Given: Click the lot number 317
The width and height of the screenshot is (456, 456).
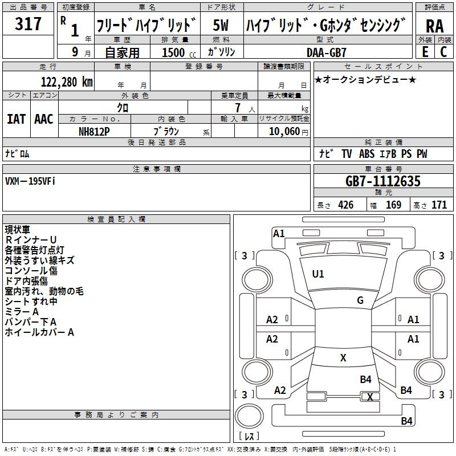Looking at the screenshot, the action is [28, 23].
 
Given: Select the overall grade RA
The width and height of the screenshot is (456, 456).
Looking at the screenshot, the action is [435, 26].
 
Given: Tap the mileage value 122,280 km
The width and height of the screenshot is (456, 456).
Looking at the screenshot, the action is [67, 82].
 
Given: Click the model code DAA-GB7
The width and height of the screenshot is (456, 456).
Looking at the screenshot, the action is [327, 52].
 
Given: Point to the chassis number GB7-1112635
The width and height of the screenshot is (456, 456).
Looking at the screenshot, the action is [383, 181].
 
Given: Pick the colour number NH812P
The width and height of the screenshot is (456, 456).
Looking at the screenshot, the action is [94, 132].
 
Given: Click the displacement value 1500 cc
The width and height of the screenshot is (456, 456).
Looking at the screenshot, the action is [179, 52].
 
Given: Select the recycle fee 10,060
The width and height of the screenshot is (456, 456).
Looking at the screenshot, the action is [284, 132].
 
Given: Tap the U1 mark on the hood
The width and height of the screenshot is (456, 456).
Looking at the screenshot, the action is [318, 274].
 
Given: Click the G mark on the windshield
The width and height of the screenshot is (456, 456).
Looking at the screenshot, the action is [360, 300].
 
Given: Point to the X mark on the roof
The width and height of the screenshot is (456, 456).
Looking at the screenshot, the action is [343, 358].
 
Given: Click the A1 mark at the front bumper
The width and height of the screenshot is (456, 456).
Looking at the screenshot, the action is [279, 234].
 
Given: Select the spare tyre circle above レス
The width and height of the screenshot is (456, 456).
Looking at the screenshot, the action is [249, 416].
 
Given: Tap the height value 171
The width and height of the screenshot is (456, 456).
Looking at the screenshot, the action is [439, 205].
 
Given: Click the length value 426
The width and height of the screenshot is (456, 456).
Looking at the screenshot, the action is [346, 205].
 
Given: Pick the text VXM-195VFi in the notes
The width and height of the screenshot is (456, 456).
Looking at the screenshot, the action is [30, 181].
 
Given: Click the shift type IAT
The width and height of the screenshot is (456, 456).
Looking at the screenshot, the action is [17, 119].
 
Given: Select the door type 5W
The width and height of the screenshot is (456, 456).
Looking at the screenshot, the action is [221, 25].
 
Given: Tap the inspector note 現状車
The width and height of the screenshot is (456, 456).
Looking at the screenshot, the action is [18, 230].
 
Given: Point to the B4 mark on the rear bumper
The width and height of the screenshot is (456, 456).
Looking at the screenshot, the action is [406, 421].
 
